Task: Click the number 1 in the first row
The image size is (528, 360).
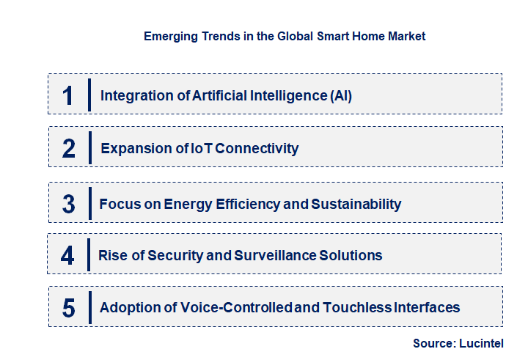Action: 68,95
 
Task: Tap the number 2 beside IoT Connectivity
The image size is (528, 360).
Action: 69,149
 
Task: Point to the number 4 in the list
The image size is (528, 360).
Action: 68,256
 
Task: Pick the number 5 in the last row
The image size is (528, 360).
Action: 68,308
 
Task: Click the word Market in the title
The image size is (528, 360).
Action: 406,36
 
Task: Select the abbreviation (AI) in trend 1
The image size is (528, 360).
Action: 340,95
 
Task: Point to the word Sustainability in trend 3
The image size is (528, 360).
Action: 356,204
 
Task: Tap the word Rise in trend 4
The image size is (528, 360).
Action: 112,256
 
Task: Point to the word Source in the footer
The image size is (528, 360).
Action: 434,343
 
